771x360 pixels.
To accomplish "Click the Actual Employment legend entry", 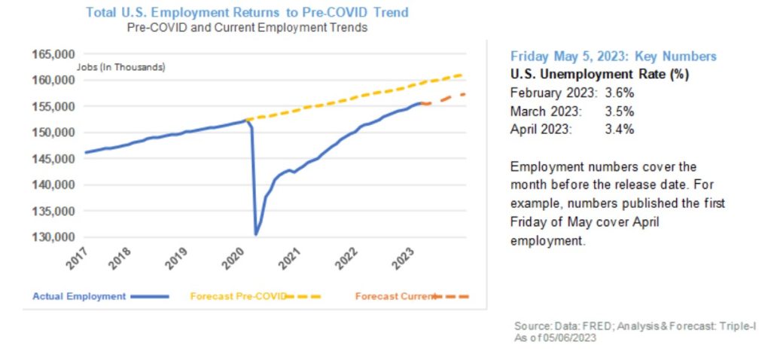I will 79,296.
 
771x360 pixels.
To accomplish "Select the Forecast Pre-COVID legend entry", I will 238,296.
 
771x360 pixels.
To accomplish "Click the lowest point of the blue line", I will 256,234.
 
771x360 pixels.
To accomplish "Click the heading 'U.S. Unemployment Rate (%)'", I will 599,75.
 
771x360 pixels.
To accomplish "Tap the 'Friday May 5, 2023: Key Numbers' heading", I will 613,56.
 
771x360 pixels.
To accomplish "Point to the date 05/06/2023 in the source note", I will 577,339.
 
